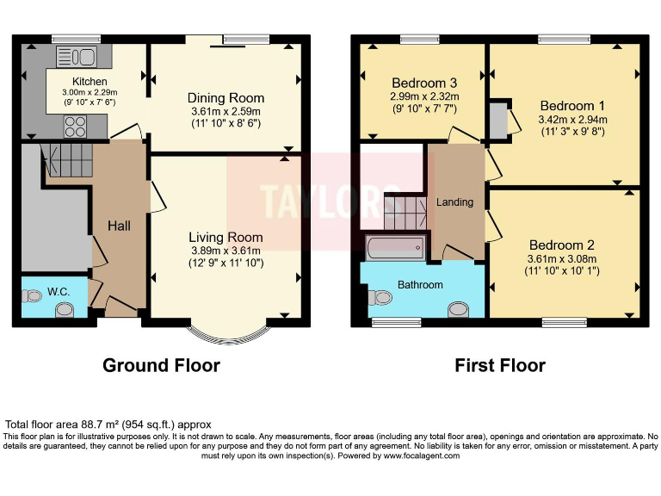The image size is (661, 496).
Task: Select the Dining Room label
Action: click(225, 98)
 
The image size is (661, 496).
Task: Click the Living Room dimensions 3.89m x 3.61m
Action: click(225, 251)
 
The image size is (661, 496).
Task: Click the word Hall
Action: click(119, 226)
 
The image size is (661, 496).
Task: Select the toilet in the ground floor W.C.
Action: click(33, 296)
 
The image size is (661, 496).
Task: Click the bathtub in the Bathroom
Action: click(395, 249)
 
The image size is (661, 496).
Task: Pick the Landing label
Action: click(454, 202)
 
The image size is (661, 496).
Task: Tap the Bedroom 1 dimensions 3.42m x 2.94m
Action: click(571, 120)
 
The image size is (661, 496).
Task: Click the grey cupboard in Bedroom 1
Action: click(498, 121)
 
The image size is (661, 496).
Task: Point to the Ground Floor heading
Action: click(161, 365)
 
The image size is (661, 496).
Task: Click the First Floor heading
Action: click(500, 365)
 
